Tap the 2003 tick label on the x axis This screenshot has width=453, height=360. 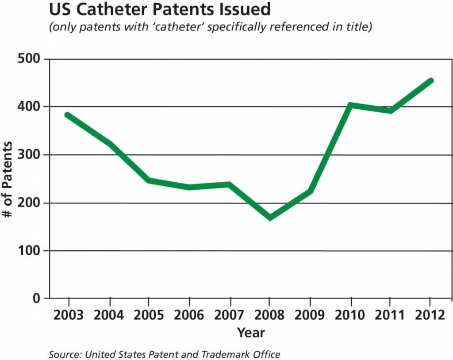(68, 315)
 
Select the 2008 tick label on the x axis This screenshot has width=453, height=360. (269, 315)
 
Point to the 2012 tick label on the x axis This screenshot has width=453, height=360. (430, 315)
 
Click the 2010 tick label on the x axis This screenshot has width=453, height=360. (349, 315)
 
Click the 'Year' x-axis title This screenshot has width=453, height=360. (250, 332)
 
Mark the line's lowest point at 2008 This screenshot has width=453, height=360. (269, 217)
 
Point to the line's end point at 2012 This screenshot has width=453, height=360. (430, 81)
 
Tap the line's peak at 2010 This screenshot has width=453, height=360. (350, 105)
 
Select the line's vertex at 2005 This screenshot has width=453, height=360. (149, 180)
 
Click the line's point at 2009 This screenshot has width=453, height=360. (310, 191)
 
